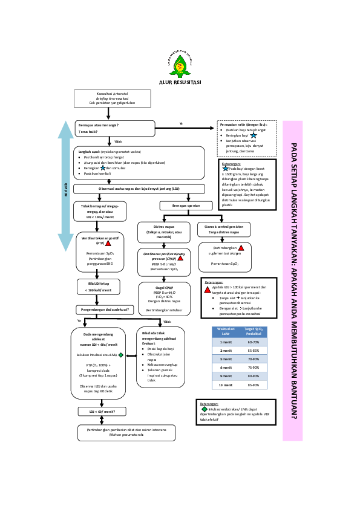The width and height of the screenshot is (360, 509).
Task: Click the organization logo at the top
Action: (180, 62)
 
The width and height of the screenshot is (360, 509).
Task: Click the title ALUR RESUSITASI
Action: (180, 82)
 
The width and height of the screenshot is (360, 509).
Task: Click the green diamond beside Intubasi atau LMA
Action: (121, 355)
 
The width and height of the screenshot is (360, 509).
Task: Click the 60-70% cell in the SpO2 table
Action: (253, 342)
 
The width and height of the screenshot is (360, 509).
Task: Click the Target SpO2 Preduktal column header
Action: (253, 331)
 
